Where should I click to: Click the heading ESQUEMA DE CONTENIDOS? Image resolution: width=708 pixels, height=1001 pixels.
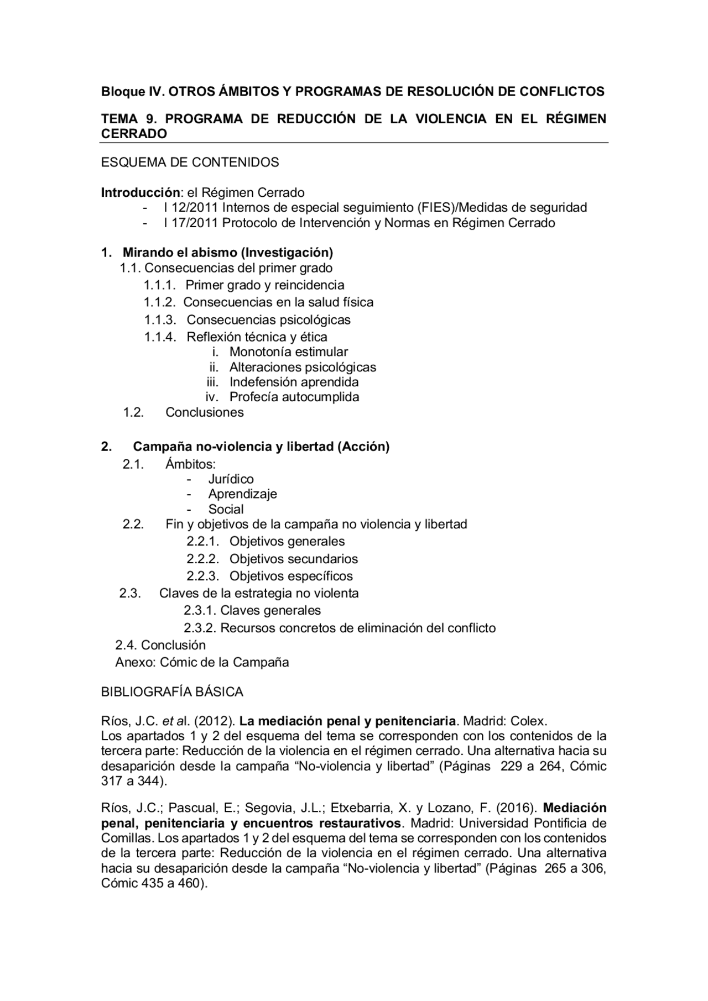[190, 162]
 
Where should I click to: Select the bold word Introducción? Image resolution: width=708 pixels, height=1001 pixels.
[140, 192]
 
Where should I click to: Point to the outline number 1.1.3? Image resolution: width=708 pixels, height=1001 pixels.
[160, 319]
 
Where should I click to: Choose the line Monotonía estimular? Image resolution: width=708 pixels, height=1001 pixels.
[288, 352]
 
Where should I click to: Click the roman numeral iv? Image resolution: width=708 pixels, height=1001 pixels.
[212, 397]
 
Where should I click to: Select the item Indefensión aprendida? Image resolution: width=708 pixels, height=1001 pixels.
[294, 382]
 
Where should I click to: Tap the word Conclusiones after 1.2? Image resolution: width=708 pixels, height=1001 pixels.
[204, 412]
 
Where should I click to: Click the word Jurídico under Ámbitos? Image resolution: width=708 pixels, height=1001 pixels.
[231, 479]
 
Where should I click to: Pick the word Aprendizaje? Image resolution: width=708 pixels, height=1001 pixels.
[242, 494]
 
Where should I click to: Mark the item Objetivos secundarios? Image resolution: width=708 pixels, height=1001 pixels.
[293, 558]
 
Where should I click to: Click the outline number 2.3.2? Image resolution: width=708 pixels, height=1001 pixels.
[200, 628]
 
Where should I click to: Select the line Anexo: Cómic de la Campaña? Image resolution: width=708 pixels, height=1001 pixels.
[202, 662]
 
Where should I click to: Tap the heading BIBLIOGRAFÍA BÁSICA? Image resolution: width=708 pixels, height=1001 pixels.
[172, 691]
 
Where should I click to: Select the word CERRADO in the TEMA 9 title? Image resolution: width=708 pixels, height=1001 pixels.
[134, 133]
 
